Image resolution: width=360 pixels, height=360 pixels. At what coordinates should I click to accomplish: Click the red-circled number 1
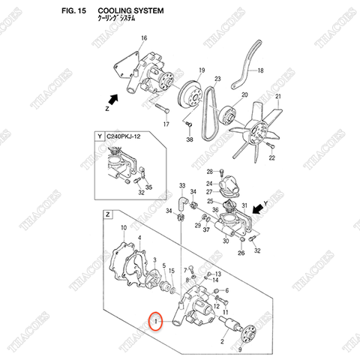click(x=155, y=322)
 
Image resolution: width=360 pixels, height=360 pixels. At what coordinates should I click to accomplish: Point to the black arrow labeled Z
click(x=112, y=98)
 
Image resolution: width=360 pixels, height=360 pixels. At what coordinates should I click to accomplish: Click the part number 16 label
click(x=144, y=37)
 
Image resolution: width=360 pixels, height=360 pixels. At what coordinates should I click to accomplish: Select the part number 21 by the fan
click(x=277, y=97)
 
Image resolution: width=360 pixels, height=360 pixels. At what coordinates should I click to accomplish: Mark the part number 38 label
click(x=190, y=139)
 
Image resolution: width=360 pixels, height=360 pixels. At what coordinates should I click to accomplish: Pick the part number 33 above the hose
click(x=181, y=184)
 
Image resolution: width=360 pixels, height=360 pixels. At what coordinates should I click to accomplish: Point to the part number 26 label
click(x=241, y=253)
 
